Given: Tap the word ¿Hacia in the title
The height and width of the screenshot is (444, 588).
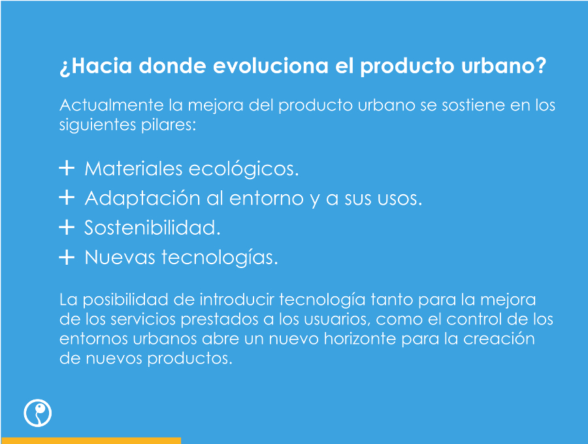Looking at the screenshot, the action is [x=96, y=66].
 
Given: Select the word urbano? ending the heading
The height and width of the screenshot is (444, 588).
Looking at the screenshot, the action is [x=504, y=65].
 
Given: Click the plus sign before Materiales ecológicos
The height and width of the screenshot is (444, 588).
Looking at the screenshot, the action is [x=67, y=168].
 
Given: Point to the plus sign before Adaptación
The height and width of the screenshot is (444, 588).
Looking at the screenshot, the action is [x=67, y=197].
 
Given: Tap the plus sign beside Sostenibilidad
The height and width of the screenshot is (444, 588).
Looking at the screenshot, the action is [x=67, y=227].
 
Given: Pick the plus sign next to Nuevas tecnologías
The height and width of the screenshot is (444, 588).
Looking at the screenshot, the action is [x=67, y=257].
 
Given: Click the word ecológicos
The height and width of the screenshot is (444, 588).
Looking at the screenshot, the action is [x=244, y=169].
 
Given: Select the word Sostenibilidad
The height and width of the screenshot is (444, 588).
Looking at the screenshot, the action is [x=152, y=228].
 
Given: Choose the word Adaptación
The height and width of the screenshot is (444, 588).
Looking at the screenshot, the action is [x=142, y=198].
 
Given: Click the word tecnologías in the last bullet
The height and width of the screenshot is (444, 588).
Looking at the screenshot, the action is [x=220, y=258].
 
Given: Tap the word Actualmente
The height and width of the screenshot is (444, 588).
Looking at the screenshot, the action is [x=112, y=105].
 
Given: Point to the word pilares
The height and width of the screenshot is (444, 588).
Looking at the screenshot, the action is [x=169, y=125].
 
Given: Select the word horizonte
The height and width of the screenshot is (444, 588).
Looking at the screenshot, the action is [x=360, y=339].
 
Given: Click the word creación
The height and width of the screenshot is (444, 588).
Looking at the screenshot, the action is [x=499, y=339].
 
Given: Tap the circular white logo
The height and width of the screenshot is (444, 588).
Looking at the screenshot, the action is [x=37, y=413].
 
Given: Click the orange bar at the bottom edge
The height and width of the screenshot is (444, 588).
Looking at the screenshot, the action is [x=91, y=441].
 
